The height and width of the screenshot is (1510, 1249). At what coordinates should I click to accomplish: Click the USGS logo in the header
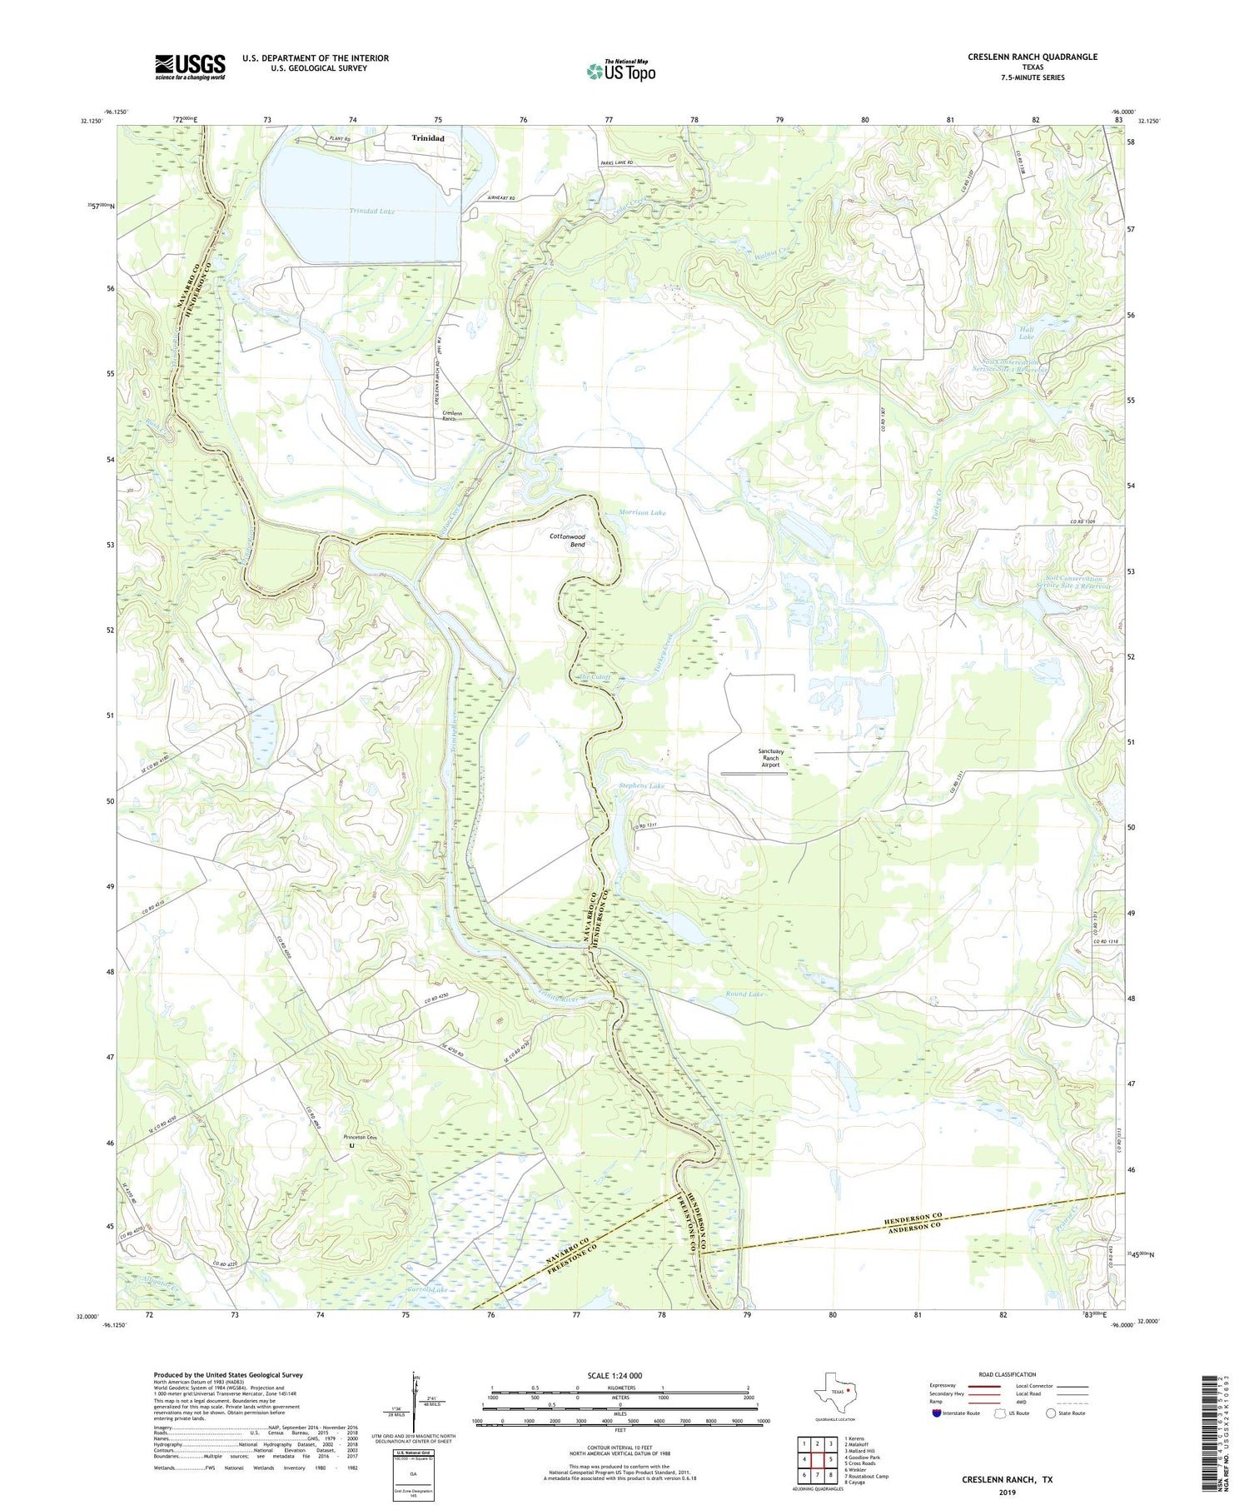(x=190, y=67)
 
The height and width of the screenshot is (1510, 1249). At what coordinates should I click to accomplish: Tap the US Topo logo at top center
(x=620, y=71)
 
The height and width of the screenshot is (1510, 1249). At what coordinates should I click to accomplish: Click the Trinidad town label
(x=428, y=138)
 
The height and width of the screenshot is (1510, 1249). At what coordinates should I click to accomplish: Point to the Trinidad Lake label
(x=371, y=212)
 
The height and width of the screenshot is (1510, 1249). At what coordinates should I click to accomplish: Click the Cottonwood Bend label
(x=567, y=541)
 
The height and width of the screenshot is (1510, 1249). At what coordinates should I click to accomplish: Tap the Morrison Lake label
(x=642, y=513)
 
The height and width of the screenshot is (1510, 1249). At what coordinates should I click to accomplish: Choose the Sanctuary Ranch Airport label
(x=770, y=757)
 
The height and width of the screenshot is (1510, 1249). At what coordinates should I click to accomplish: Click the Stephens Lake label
(x=641, y=785)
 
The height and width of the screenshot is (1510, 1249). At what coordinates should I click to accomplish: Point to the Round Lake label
(x=744, y=994)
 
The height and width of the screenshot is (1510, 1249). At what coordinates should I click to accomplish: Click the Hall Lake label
(x=1026, y=332)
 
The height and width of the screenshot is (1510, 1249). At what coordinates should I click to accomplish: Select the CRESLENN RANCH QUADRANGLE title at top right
(x=1032, y=57)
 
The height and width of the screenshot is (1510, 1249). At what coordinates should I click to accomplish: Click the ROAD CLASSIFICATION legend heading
(x=1008, y=1374)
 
